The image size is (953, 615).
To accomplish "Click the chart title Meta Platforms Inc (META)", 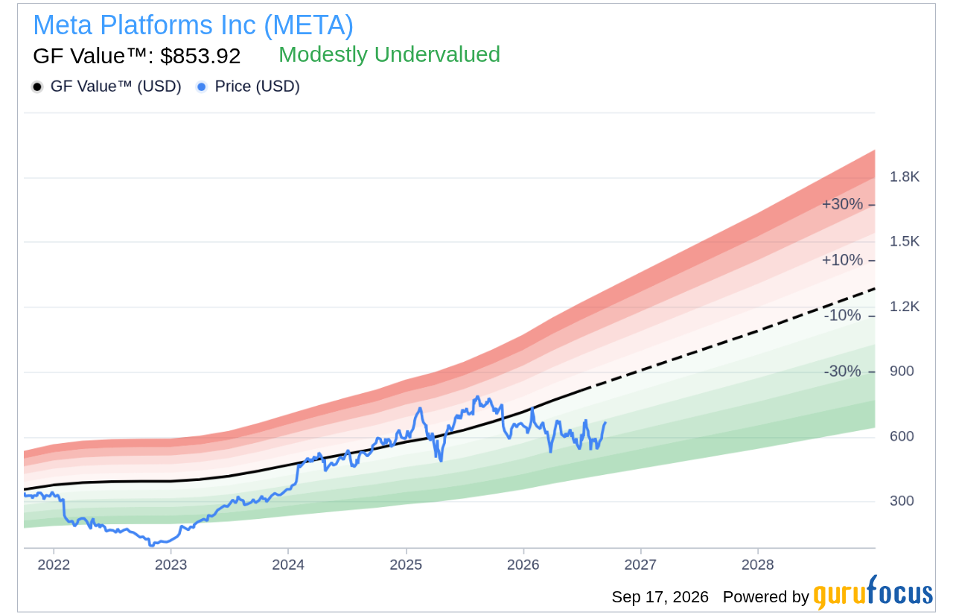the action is click(193, 25).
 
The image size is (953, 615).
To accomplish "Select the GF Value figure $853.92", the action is click(200, 56).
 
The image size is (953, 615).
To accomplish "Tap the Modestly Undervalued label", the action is click(389, 54).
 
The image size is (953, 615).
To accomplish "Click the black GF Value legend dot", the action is click(37, 87).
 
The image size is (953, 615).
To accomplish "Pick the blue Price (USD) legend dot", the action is click(201, 87).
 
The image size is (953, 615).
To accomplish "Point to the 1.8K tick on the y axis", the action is click(904, 177).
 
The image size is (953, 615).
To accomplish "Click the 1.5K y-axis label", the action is click(904, 241).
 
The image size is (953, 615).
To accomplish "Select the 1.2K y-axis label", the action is click(904, 307).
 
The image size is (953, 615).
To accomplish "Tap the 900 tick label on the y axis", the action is click(902, 372).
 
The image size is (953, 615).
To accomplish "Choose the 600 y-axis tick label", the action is click(902, 436).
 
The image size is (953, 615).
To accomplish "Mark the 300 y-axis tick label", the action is click(902, 501).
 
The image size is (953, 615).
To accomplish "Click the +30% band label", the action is click(842, 204).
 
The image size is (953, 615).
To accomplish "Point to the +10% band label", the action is click(842, 260).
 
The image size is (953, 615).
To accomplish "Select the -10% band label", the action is click(842, 316).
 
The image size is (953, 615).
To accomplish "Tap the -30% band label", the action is click(842, 372).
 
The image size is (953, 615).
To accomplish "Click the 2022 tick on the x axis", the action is click(54, 565).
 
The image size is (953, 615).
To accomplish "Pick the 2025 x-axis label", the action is click(406, 565).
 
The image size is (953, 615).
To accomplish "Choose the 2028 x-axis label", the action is click(758, 565).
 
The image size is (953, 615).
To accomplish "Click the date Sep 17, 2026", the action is click(660, 597).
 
